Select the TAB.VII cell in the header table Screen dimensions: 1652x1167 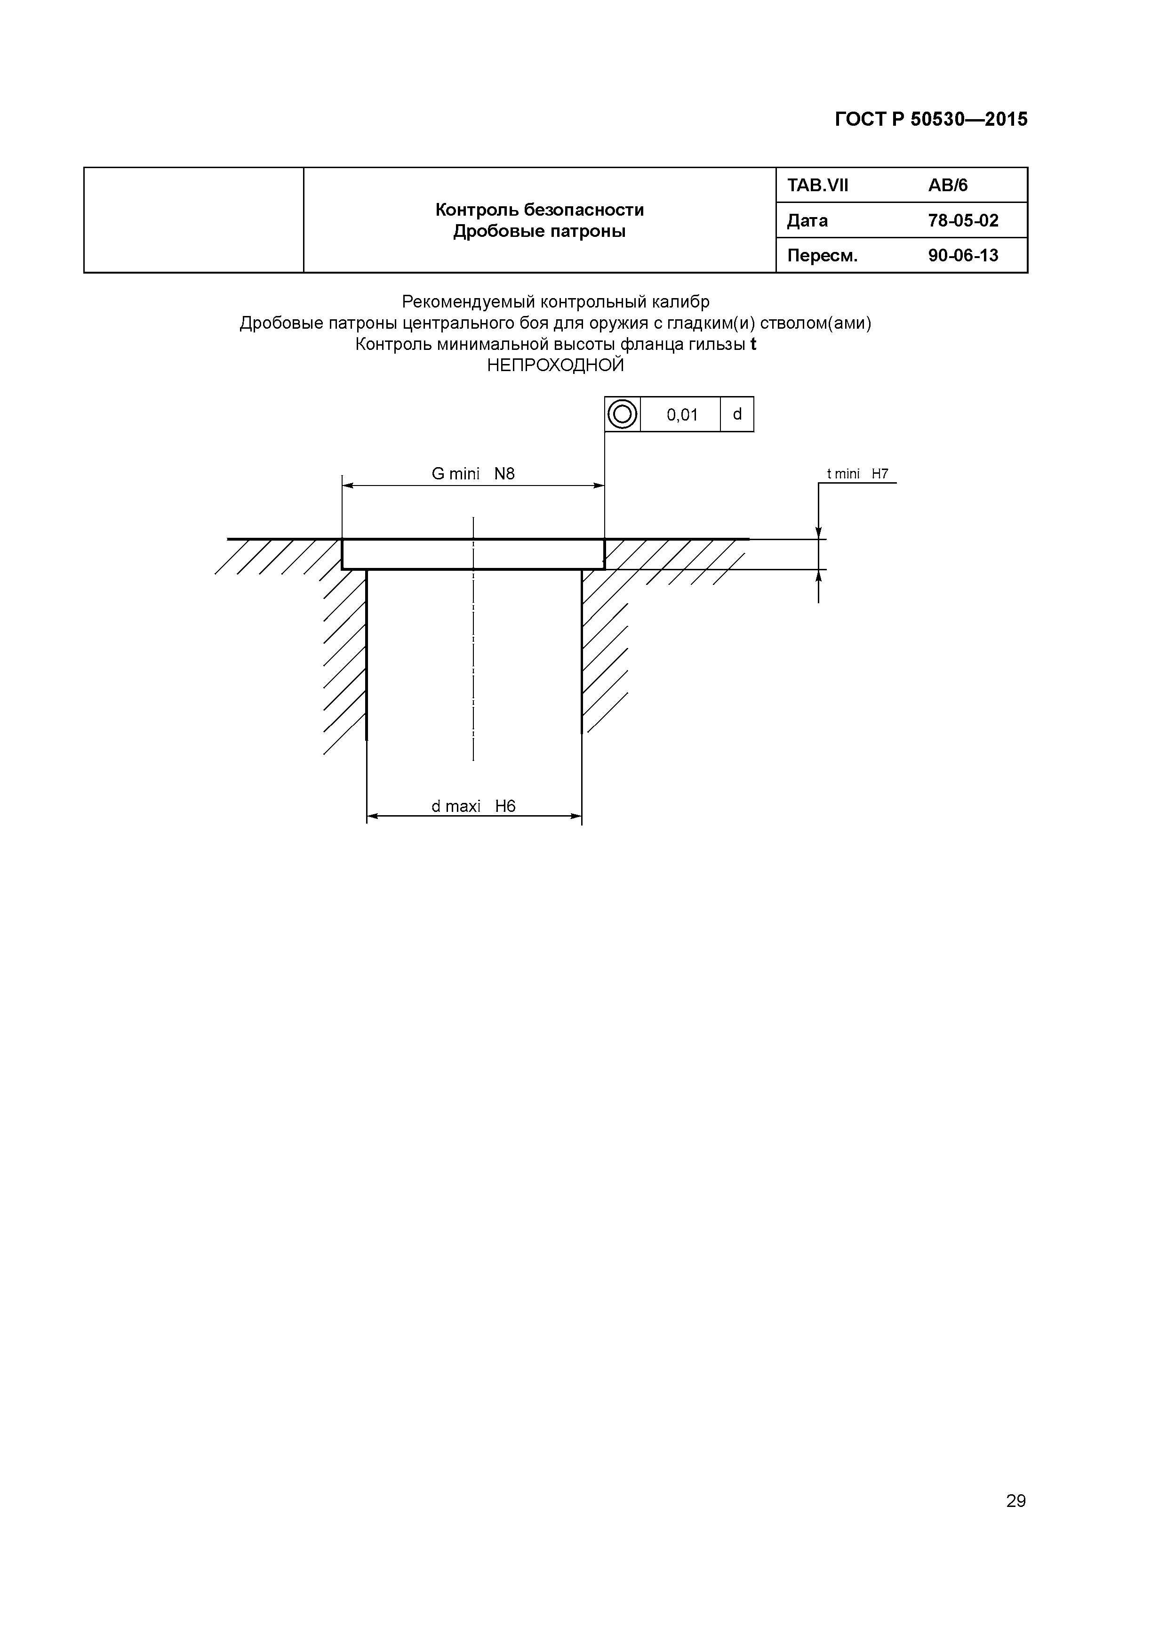coord(817,186)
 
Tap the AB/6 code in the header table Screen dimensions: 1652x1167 coord(948,186)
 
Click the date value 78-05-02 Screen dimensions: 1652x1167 coord(963,221)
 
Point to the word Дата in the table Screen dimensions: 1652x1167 coord(807,221)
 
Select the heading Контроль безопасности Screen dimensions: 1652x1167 coord(539,210)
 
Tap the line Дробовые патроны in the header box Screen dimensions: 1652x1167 coord(539,232)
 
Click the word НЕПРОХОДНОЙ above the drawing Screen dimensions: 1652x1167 coord(555,365)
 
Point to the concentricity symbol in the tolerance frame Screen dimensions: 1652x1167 coord(622,414)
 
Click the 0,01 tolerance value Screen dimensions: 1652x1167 coord(682,414)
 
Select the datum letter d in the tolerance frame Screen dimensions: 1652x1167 coord(737,414)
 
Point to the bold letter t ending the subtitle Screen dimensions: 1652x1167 coord(753,345)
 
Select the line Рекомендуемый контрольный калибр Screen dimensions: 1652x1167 coord(555,301)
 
